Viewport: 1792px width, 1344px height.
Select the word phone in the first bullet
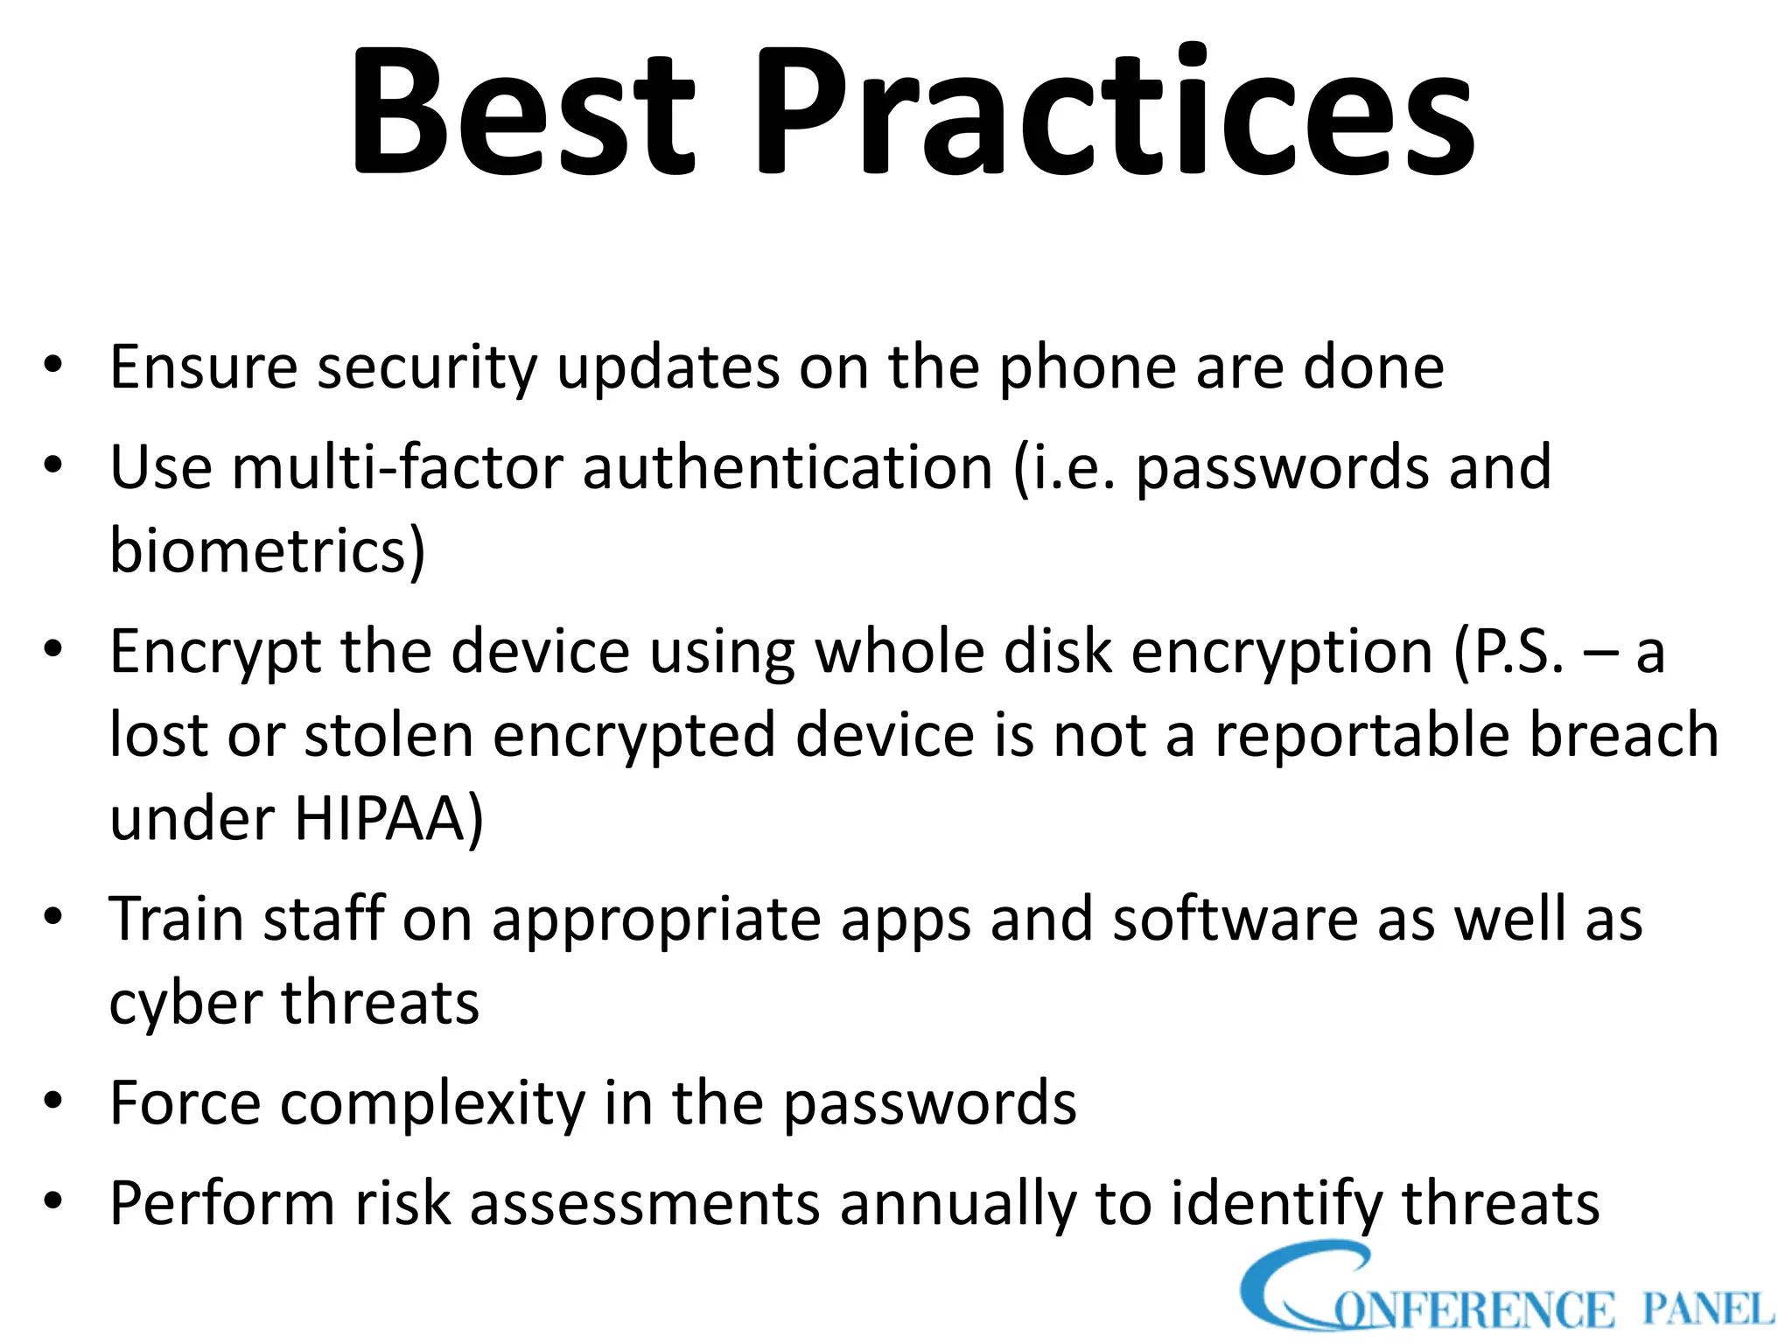1087,367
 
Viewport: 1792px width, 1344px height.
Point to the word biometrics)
267,551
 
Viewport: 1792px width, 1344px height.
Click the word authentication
787,467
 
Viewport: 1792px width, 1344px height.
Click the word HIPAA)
388,819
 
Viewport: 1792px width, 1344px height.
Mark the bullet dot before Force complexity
53,1101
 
